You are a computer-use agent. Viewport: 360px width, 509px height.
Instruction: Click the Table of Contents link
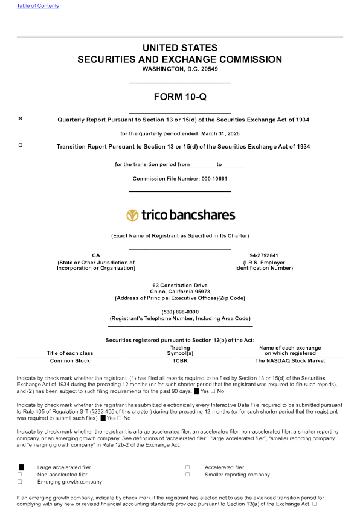click(x=37, y=6)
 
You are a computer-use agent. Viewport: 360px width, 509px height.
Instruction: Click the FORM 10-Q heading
click(x=180, y=97)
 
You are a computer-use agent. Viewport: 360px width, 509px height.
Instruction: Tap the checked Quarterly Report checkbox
click(x=20, y=118)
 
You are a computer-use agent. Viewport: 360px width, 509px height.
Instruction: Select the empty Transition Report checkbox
click(x=20, y=145)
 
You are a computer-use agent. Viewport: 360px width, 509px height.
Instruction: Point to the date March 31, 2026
click(x=220, y=133)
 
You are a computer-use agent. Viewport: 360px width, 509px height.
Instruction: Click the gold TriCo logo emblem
click(x=132, y=215)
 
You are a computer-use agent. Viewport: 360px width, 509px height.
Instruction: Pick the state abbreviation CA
click(x=96, y=255)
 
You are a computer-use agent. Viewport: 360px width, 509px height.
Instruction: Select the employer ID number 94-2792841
click(x=264, y=255)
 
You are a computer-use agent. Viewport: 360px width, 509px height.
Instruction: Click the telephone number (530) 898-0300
click(x=180, y=312)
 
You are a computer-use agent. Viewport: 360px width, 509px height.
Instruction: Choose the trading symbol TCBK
click(x=180, y=360)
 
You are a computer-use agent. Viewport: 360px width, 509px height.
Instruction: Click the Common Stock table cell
click(x=70, y=360)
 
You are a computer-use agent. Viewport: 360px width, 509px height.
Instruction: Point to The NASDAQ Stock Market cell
click(x=290, y=360)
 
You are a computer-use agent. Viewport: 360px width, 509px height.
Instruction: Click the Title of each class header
click(x=70, y=353)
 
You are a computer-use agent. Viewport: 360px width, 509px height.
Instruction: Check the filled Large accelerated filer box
click(x=21, y=467)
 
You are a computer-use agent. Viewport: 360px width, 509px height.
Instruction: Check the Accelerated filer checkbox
click(x=188, y=467)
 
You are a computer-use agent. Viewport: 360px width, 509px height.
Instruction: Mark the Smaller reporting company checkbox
click(x=188, y=475)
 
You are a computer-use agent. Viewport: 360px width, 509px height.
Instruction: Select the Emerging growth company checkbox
click(x=20, y=482)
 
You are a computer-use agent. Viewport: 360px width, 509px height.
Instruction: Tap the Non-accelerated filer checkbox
click(x=20, y=475)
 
